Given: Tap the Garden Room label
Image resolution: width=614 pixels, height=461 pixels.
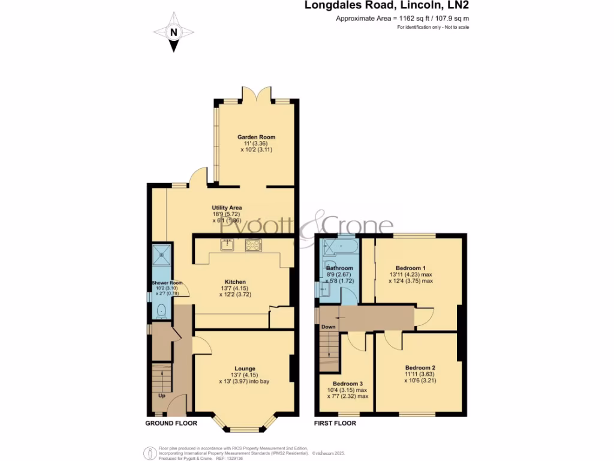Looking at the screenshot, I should pyautogui.click(x=256, y=137).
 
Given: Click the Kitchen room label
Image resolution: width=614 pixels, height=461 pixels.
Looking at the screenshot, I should pyautogui.click(x=235, y=282).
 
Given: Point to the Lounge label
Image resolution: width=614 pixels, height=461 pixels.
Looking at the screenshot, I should pyautogui.click(x=245, y=369).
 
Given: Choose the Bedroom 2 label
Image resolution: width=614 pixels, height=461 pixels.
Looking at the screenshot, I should pyautogui.click(x=420, y=367).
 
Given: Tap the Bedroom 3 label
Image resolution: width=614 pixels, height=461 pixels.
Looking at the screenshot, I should pyautogui.click(x=348, y=383).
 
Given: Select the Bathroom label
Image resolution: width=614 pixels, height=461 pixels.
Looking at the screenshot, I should pyautogui.click(x=339, y=268).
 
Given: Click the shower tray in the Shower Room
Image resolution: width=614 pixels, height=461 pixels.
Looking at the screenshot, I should pyautogui.click(x=161, y=255).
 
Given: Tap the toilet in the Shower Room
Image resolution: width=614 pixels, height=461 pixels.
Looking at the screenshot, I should pyautogui.click(x=161, y=311).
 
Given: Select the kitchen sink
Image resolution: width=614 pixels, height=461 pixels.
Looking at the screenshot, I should pyautogui.click(x=227, y=244).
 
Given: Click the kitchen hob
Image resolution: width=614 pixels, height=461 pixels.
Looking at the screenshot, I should pyautogui.click(x=254, y=244).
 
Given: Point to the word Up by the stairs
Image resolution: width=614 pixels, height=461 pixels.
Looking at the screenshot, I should pyautogui.click(x=161, y=396).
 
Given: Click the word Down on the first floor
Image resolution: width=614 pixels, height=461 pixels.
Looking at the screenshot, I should pyautogui.click(x=328, y=327).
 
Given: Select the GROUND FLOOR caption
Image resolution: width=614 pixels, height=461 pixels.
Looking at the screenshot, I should pyautogui.click(x=170, y=423).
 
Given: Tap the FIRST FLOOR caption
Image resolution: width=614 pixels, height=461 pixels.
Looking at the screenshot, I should pyautogui.click(x=335, y=423).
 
